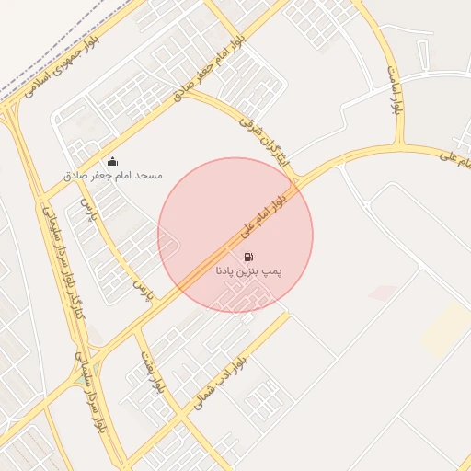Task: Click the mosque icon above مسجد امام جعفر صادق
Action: tap(113, 162)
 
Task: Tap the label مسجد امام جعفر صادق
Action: tap(113, 175)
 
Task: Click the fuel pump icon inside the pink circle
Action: tap(248, 257)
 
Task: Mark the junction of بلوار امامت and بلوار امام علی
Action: tap(400, 147)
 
